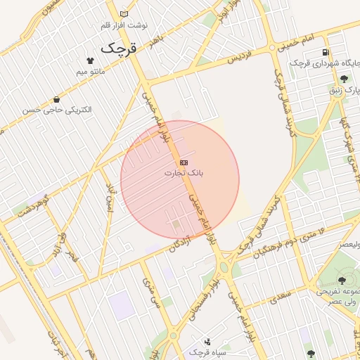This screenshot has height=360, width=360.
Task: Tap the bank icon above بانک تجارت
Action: coord(184,162)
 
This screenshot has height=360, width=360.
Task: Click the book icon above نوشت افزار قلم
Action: coord(124,14)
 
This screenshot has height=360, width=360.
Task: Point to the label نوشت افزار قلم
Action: coord(124,25)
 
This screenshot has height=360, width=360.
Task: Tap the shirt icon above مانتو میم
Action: coord(89,61)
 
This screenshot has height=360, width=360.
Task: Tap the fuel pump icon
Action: coord(325,52)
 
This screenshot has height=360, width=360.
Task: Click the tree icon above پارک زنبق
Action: coord(343,79)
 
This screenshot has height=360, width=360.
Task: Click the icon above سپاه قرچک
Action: coord(207,342)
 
